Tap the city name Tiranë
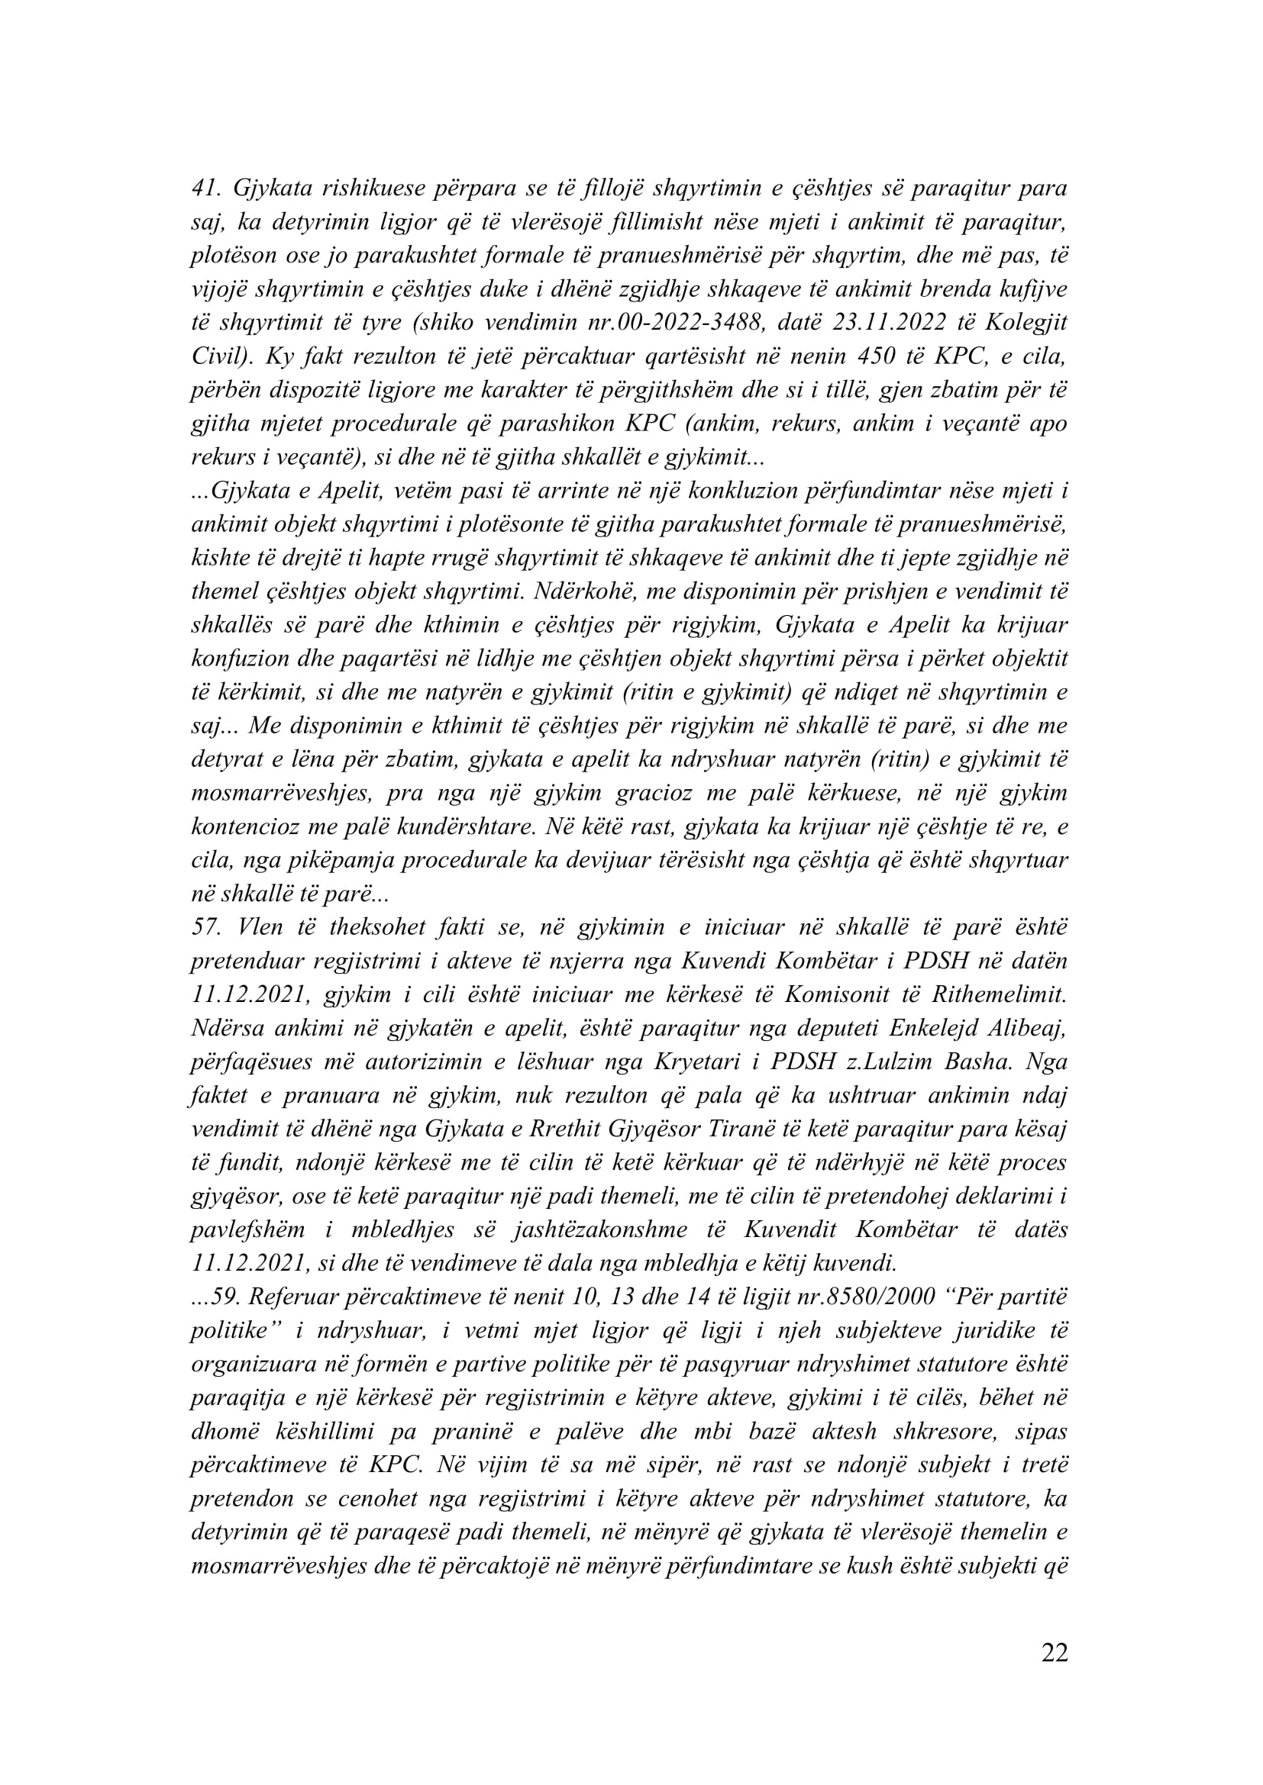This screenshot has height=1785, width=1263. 746,1129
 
